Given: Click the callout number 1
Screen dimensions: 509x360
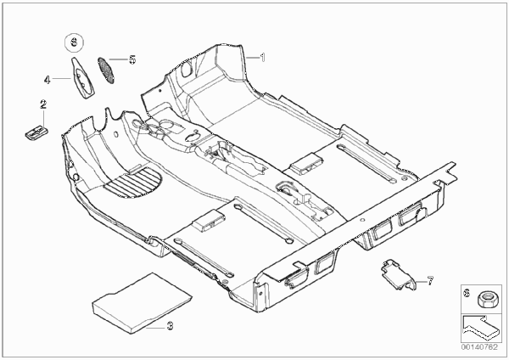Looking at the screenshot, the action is click(263, 58).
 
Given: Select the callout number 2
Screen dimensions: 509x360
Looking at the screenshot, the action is click(43, 104).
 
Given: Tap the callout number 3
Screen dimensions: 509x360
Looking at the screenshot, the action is click(170, 325).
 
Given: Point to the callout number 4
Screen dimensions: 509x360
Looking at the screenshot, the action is click(48, 80).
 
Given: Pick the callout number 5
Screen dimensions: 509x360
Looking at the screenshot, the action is click(132, 59).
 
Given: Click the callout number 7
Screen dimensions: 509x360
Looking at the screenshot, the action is click(430, 281).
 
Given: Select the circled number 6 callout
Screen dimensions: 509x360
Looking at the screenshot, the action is click(74, 42).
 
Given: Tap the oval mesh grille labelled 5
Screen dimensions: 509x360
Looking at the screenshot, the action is click(106, 70).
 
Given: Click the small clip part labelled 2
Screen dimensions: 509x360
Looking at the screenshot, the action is click(37, 133).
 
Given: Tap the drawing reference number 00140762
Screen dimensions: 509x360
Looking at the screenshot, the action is click(480, 347).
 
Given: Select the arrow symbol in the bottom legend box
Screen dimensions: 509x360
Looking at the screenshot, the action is click(478, 326).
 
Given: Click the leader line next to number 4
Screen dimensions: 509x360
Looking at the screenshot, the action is click(62, 78).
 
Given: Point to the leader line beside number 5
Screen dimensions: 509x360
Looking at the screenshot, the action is click(118, 59).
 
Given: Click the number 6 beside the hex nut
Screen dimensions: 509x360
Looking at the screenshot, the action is click(467, 293).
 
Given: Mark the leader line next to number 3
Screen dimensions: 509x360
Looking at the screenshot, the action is click(155, 328).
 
